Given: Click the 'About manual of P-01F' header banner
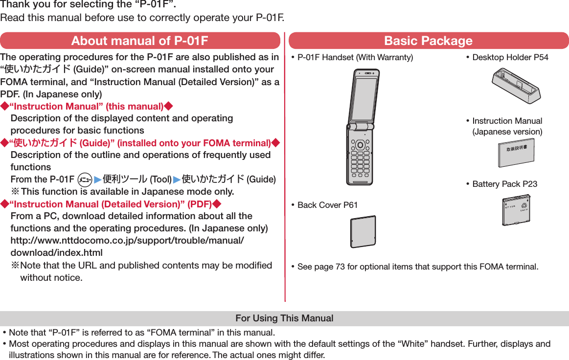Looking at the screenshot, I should point(140,41).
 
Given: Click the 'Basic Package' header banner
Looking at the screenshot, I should point(428,41).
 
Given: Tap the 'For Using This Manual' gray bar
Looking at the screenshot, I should point(284,318).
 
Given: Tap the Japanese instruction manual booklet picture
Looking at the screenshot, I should point(516,152).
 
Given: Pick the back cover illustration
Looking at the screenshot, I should point(363,231).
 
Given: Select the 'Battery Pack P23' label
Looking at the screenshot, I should point(504,184).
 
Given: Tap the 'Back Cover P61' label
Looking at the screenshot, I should point(327,204).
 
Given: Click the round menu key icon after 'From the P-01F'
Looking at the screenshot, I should point(85,179).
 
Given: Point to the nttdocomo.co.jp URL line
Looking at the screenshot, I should point(127,241).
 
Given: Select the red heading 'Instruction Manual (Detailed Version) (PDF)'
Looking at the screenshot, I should point(111,204).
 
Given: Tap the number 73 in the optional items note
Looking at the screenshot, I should point(340,267).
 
